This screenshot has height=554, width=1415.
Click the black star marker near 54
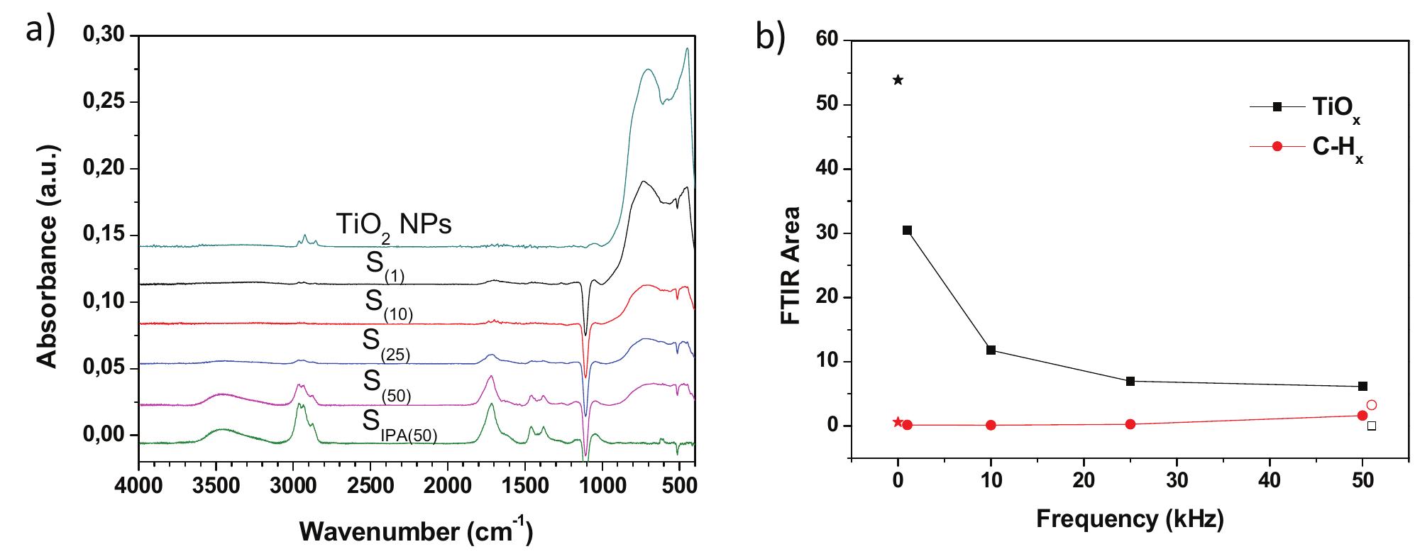(898, 79)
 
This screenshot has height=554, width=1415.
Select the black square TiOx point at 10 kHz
(991, 350)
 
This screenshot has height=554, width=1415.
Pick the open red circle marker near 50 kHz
(1372, 405)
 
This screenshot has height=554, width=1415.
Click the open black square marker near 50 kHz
(1372, 426)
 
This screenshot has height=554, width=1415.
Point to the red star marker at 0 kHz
(898, 421)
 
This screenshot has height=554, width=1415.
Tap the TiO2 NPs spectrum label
(393, 225)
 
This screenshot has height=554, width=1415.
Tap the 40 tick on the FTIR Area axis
(827, 169)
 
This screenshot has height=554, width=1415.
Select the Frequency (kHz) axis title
(1130, 520)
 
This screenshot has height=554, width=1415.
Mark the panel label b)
(770, 37)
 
